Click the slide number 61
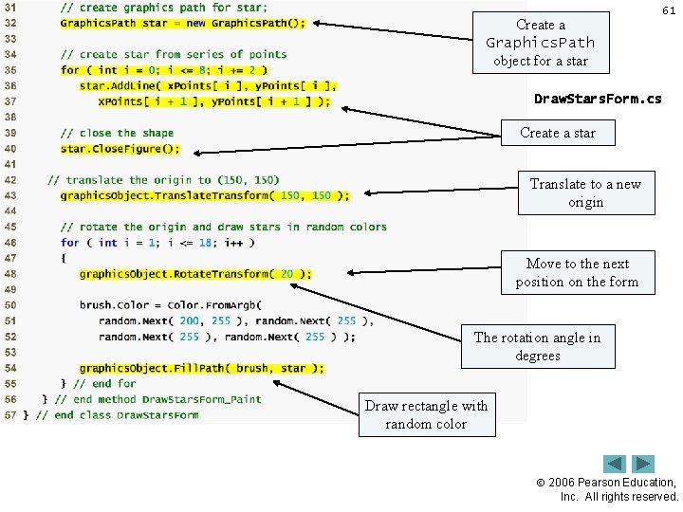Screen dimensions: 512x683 coord(668,10)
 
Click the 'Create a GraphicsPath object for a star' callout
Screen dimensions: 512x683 coord(541,43)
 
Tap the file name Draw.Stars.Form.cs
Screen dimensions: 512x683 coord(598,99)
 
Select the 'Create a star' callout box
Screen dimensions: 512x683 coord(558,133)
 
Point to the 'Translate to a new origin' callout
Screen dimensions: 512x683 coord(585,192)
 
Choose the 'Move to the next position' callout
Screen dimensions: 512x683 coord(577,272)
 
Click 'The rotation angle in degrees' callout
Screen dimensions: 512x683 coord(537,346)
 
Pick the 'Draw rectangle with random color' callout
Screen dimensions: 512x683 coord(426,414)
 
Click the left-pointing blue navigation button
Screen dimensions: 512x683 coord(615,465)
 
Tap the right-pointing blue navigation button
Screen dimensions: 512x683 coord(643,465)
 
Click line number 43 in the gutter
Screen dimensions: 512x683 coord(10,195)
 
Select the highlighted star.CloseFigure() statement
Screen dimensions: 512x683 coord(120,149)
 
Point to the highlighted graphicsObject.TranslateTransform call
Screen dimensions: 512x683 coord(204,195)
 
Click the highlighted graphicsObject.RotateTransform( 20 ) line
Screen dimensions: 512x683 coord(194,274)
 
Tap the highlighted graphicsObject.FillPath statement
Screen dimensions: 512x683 coord(201,368)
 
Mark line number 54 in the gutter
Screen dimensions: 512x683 coord(10,368)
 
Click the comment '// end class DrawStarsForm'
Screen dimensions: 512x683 coord(118,415)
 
